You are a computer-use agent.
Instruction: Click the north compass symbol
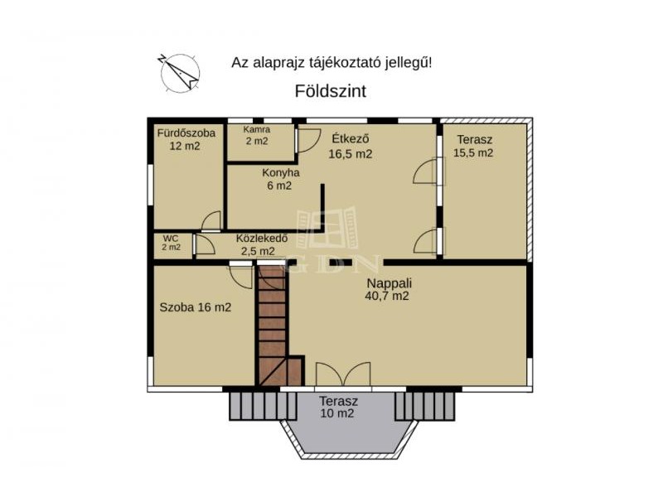(180, 73)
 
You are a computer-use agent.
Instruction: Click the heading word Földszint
(330, 91)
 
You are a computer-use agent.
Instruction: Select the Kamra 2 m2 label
(257, 136)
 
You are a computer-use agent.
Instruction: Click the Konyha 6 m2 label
(280, 179)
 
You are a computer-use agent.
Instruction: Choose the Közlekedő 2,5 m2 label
(261, 244)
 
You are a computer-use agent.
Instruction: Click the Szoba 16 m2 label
(196, 307)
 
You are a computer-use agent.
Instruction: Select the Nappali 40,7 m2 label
(388, 289)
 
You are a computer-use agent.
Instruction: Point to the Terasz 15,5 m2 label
(473, 147)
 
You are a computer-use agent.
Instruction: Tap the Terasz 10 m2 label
(338, 407)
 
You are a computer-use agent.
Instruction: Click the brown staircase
(279, 326)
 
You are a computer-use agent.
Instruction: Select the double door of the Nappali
(343, 374)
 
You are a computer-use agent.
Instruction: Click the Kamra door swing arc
(309, 140)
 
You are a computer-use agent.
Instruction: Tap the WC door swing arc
(206, 244)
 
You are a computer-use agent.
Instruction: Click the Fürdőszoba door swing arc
(211, 220)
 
